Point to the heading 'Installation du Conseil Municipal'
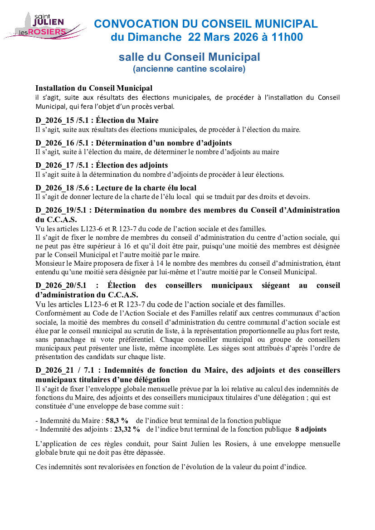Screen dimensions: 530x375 [x=94, y=88]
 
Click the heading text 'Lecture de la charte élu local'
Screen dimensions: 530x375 [x=146, y=187]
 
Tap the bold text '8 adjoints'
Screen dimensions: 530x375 [x=311, y=429]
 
